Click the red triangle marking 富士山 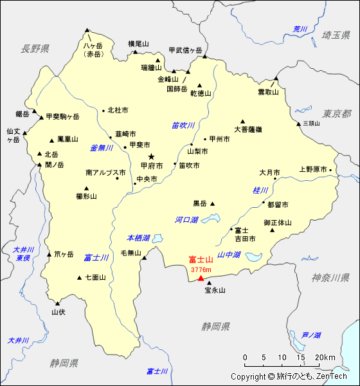201,278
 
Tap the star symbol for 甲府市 152,156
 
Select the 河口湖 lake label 186,220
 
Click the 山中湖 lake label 229,255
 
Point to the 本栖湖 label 138,237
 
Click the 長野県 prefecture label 35,48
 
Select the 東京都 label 337,113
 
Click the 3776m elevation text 201,270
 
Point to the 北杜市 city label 118,110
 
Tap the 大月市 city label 269,172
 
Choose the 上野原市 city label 313,170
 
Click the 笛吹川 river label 183,125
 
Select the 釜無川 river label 101,147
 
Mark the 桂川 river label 260,190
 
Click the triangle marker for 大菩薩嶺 243,121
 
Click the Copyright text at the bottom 289,377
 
